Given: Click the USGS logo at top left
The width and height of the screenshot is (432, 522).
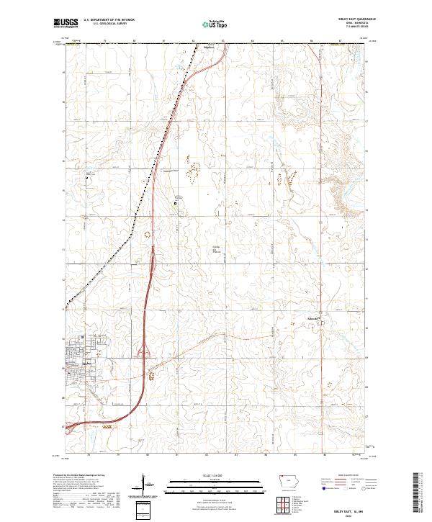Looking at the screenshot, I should tap(64, 24).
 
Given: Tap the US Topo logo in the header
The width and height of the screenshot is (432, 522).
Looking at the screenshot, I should tap(216, 24).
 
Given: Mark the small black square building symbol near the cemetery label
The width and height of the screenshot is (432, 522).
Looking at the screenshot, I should tap(175, 204).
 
